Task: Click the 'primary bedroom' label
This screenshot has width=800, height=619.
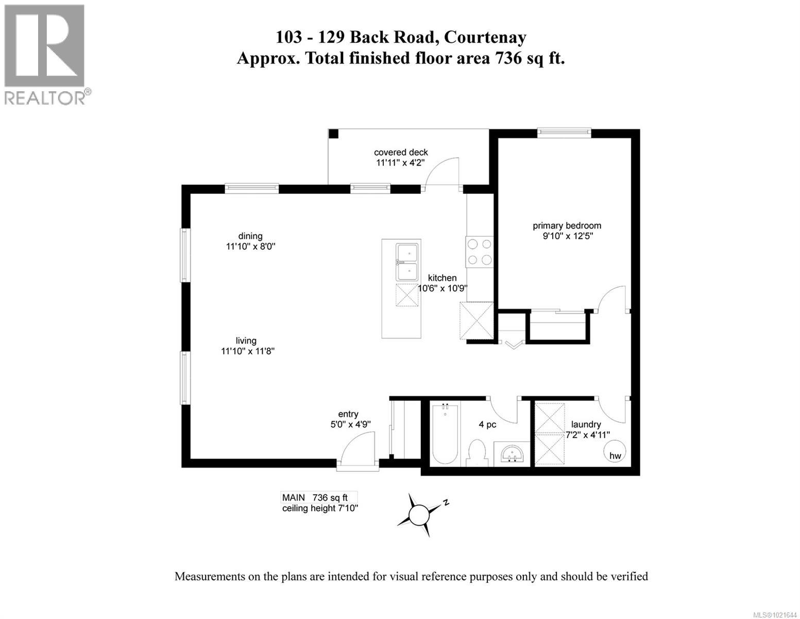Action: [567, 226]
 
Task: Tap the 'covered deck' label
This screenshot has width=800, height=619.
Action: [401, 152]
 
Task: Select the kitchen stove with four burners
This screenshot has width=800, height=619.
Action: [479, 252]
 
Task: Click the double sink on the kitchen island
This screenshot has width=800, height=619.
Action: [407, 262]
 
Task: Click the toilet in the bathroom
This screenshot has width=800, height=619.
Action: [477, 452]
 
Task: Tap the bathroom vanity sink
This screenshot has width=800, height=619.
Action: [512, 453]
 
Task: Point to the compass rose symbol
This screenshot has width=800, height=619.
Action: [419, 514]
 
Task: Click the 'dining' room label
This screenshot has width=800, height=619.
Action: [250, 236]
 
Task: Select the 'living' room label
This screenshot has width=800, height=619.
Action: [246, 340]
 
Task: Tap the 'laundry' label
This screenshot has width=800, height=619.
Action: [586, 424]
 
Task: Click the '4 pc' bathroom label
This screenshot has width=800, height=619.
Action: [487, 425]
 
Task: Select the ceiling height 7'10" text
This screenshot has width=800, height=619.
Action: [320, 508]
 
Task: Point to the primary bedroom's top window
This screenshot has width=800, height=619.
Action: [564, 133]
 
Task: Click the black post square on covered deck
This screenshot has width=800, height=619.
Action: [334, 134]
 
